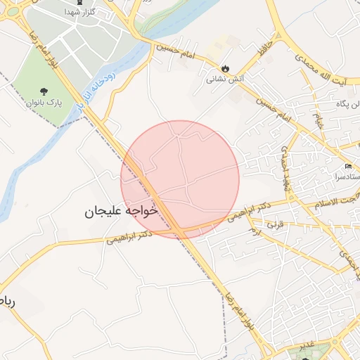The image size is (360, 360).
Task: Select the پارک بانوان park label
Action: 45,103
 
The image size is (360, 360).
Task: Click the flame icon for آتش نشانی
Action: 225,69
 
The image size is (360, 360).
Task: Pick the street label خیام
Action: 319,120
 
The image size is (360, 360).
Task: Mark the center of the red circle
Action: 180,179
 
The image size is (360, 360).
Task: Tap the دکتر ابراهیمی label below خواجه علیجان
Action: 130,236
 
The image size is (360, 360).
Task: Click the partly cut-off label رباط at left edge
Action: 8,302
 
